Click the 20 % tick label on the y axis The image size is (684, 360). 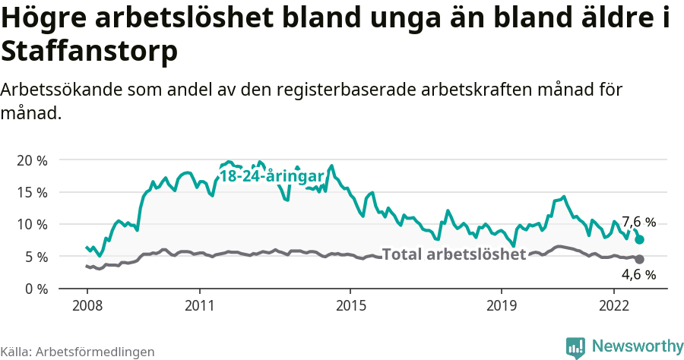pos(31,160)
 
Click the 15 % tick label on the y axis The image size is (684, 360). pos(31,192)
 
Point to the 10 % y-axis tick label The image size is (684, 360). pos(31,224)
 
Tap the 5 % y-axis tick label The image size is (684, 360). pos(35,257)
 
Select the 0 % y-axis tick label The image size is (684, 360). pos(35,289)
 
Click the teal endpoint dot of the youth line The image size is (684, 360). pos(640,239)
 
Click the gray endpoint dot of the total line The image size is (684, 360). pos(640,260)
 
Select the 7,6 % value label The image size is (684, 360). pos(638,222)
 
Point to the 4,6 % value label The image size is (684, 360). pos(638,275)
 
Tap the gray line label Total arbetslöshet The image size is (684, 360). pos(454,254)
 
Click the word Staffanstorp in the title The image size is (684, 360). pos(90,52)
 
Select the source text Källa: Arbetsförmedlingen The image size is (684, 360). pos(78,352)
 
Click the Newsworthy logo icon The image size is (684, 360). pos(575,347)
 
